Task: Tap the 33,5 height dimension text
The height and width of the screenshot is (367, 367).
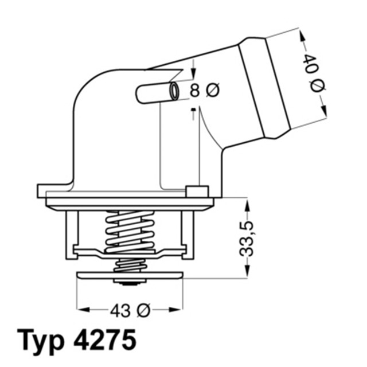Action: tap(247, 236)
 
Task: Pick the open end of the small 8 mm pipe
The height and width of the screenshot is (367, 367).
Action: tap(174, 91)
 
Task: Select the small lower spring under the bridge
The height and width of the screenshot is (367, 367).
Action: tap(130, 265)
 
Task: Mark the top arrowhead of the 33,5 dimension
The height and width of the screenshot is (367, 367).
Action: tap(247, 203)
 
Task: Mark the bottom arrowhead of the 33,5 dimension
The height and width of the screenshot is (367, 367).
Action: tap(247, 272)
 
